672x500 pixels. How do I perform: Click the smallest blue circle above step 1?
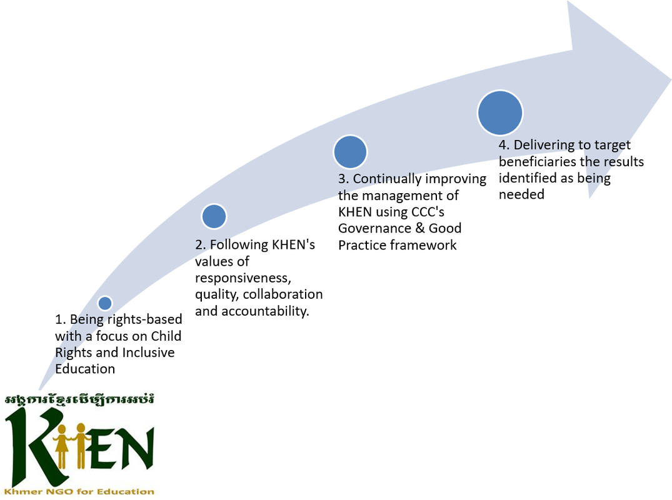click(x=105, y=303)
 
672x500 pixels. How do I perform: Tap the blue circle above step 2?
click(x=214, y=216)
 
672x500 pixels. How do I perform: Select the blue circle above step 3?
click(x=349, y=152)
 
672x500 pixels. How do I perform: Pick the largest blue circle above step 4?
click(x=499, y=113)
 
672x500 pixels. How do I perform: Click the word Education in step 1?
click(x=85, y=369)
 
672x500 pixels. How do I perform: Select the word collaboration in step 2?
click(x=283, y=294)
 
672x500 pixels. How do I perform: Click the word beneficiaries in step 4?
click(x=541, y=162)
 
